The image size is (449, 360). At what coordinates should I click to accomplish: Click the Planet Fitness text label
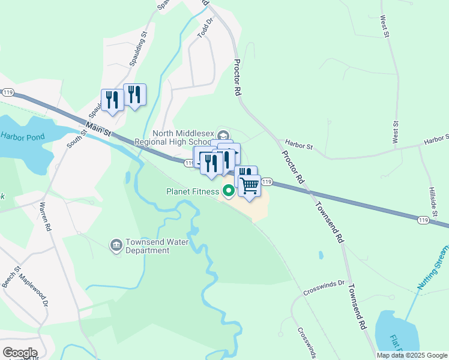[193, 192]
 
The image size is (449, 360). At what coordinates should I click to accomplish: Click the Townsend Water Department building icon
[116, 245]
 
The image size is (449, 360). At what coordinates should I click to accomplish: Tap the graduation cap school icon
[223, 135]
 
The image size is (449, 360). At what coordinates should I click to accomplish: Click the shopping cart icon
[250, 185]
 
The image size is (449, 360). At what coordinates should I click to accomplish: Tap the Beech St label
[13, 277]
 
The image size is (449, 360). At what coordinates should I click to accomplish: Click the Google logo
[20, 353]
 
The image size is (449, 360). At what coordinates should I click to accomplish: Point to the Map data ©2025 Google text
[411, 355]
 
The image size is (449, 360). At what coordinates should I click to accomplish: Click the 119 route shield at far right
[424, 221]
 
